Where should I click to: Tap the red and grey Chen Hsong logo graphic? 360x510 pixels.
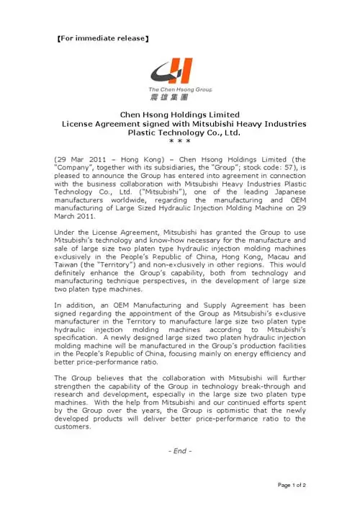[176, 72]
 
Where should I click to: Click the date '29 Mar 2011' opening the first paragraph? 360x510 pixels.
[81, 158]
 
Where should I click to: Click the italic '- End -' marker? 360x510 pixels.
[179, 451]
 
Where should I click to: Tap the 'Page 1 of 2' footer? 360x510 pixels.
[292, 485]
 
